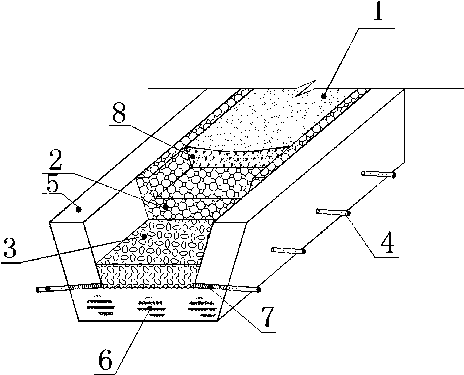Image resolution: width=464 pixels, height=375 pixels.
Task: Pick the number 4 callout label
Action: [x=386, y=242]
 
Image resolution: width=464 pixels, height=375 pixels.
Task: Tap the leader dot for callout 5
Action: [x=78, y=210]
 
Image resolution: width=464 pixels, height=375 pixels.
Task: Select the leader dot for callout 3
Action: [x=144, y=237]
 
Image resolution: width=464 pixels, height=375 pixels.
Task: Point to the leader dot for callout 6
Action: [x=150, y=308]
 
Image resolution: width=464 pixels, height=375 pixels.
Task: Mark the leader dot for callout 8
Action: [x=192, y=157]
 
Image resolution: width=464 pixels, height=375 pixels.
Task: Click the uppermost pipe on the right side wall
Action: [x=378, y=174]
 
